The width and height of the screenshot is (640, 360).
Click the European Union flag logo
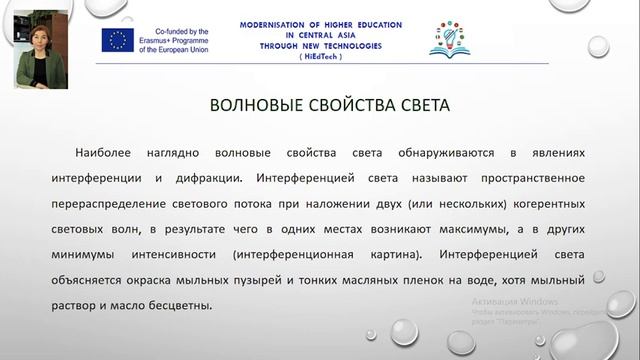(x=117, y=39)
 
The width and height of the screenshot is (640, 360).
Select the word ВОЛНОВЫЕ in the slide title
(x=257, y=104)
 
